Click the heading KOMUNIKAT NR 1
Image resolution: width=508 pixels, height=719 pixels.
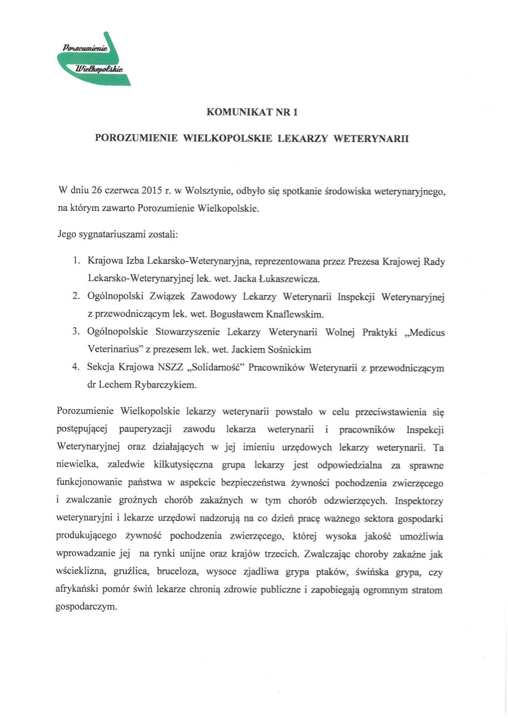point(253,112)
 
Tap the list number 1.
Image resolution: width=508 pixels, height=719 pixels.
point(74,261)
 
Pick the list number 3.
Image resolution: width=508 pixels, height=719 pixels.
point(74,332)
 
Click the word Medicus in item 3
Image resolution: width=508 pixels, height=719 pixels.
point(427,332)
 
